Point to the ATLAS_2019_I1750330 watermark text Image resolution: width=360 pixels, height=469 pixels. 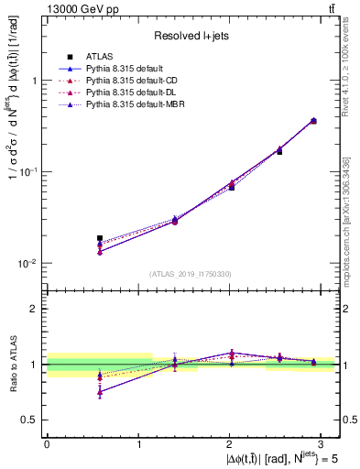[x=191, y=274]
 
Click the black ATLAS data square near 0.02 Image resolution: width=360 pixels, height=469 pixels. [x=100, y=238]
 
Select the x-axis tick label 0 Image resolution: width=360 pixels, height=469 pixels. [x=47, y=442]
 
